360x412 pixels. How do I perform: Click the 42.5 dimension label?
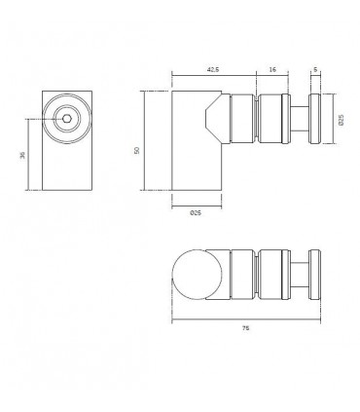tap(213, 69)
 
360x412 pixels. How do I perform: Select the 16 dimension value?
tap(272, 69)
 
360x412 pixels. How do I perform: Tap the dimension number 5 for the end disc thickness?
tap(315, 69)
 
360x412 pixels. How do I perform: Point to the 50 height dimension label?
tap(137, 150)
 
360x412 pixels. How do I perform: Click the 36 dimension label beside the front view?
tap(22, 155)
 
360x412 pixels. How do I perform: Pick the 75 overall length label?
tap(245, 328)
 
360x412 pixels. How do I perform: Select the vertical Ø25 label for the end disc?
tap(341, 120)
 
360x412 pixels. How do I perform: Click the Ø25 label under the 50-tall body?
tap(196, 213)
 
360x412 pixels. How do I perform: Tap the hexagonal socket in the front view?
tap(67, 119)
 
